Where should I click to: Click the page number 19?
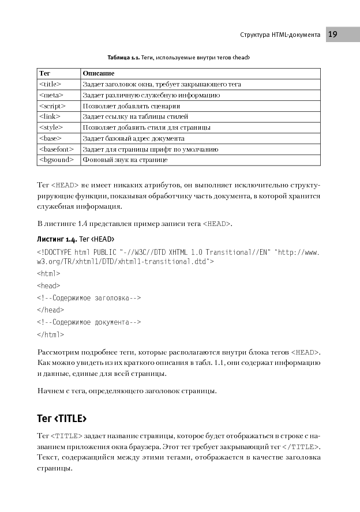[333, 35]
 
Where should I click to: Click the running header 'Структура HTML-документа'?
[280, 35]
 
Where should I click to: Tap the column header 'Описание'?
[98, 73]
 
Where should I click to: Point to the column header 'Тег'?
[44, 73]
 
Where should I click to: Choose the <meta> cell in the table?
[50, 95]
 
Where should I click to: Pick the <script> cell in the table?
[52, 106]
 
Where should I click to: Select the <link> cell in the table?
[49, 116]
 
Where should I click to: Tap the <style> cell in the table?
[50, 127]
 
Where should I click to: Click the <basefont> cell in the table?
[55, 149]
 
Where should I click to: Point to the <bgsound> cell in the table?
[55, 160]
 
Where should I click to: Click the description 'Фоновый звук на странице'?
[125, 160]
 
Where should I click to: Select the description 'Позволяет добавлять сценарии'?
[131, 106]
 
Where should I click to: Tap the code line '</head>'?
[50, 310]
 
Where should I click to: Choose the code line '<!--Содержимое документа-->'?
[89, 322]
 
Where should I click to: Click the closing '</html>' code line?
[50, 334]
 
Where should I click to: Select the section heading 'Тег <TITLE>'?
[62, 417]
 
